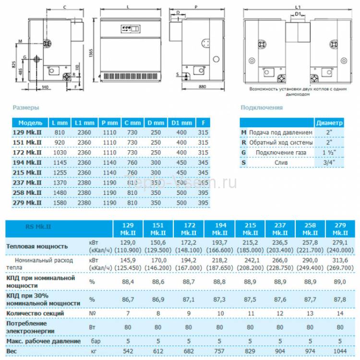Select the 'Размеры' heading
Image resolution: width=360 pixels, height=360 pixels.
[x=26, y=108]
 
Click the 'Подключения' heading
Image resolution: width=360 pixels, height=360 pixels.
[x=262, y=108]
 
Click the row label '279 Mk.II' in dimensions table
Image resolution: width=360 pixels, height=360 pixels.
[x=30, y=203]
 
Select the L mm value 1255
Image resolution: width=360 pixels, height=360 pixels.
[x=60, y=172]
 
